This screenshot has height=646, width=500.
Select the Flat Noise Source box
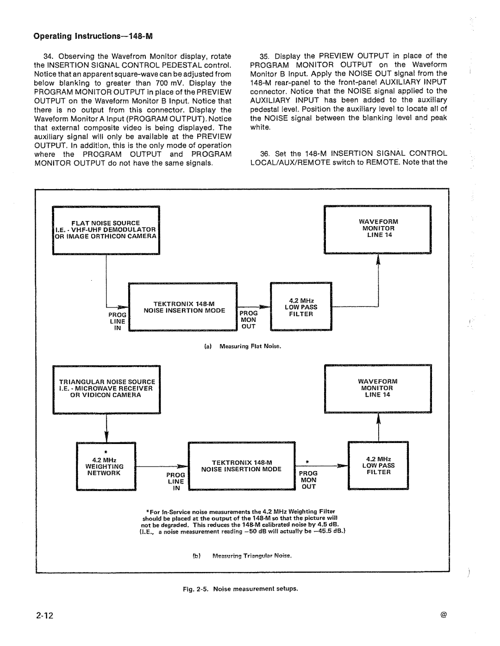(106, 230)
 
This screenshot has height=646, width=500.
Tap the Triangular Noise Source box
(106, 389)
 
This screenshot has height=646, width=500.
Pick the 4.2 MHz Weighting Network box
(106, 466)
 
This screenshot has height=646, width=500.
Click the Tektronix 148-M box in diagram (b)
(241, 466)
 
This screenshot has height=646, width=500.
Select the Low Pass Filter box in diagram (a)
(301, 307)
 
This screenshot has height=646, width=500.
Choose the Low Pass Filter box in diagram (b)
(378, 466)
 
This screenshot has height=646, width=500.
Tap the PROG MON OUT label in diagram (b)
(308, 480)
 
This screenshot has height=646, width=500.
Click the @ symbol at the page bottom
(444, 615)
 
